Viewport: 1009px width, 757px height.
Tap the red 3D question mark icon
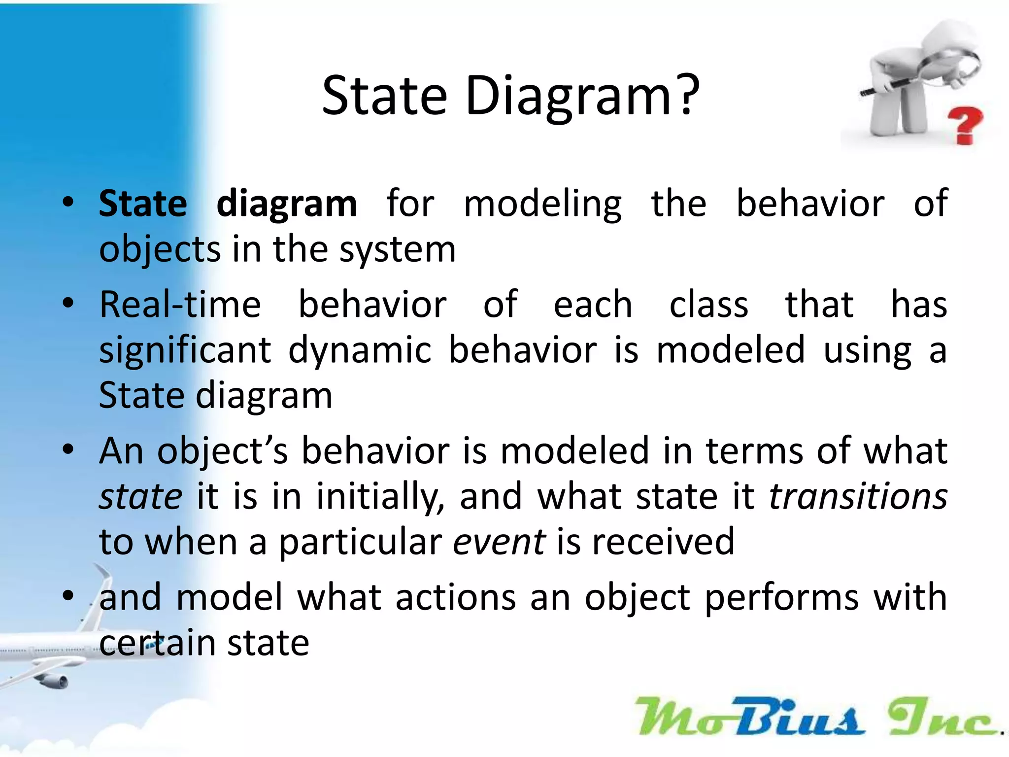tap(964, 125)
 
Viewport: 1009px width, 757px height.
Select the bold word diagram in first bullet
tap(287, 204)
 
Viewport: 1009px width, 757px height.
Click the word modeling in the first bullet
tap(542, 204)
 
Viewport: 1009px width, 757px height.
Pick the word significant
tap(185, 351)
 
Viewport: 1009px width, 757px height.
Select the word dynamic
tap(360, 351)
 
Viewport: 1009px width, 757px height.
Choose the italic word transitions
tap(858, 496)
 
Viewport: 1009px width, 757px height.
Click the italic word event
tap(499, 542)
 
